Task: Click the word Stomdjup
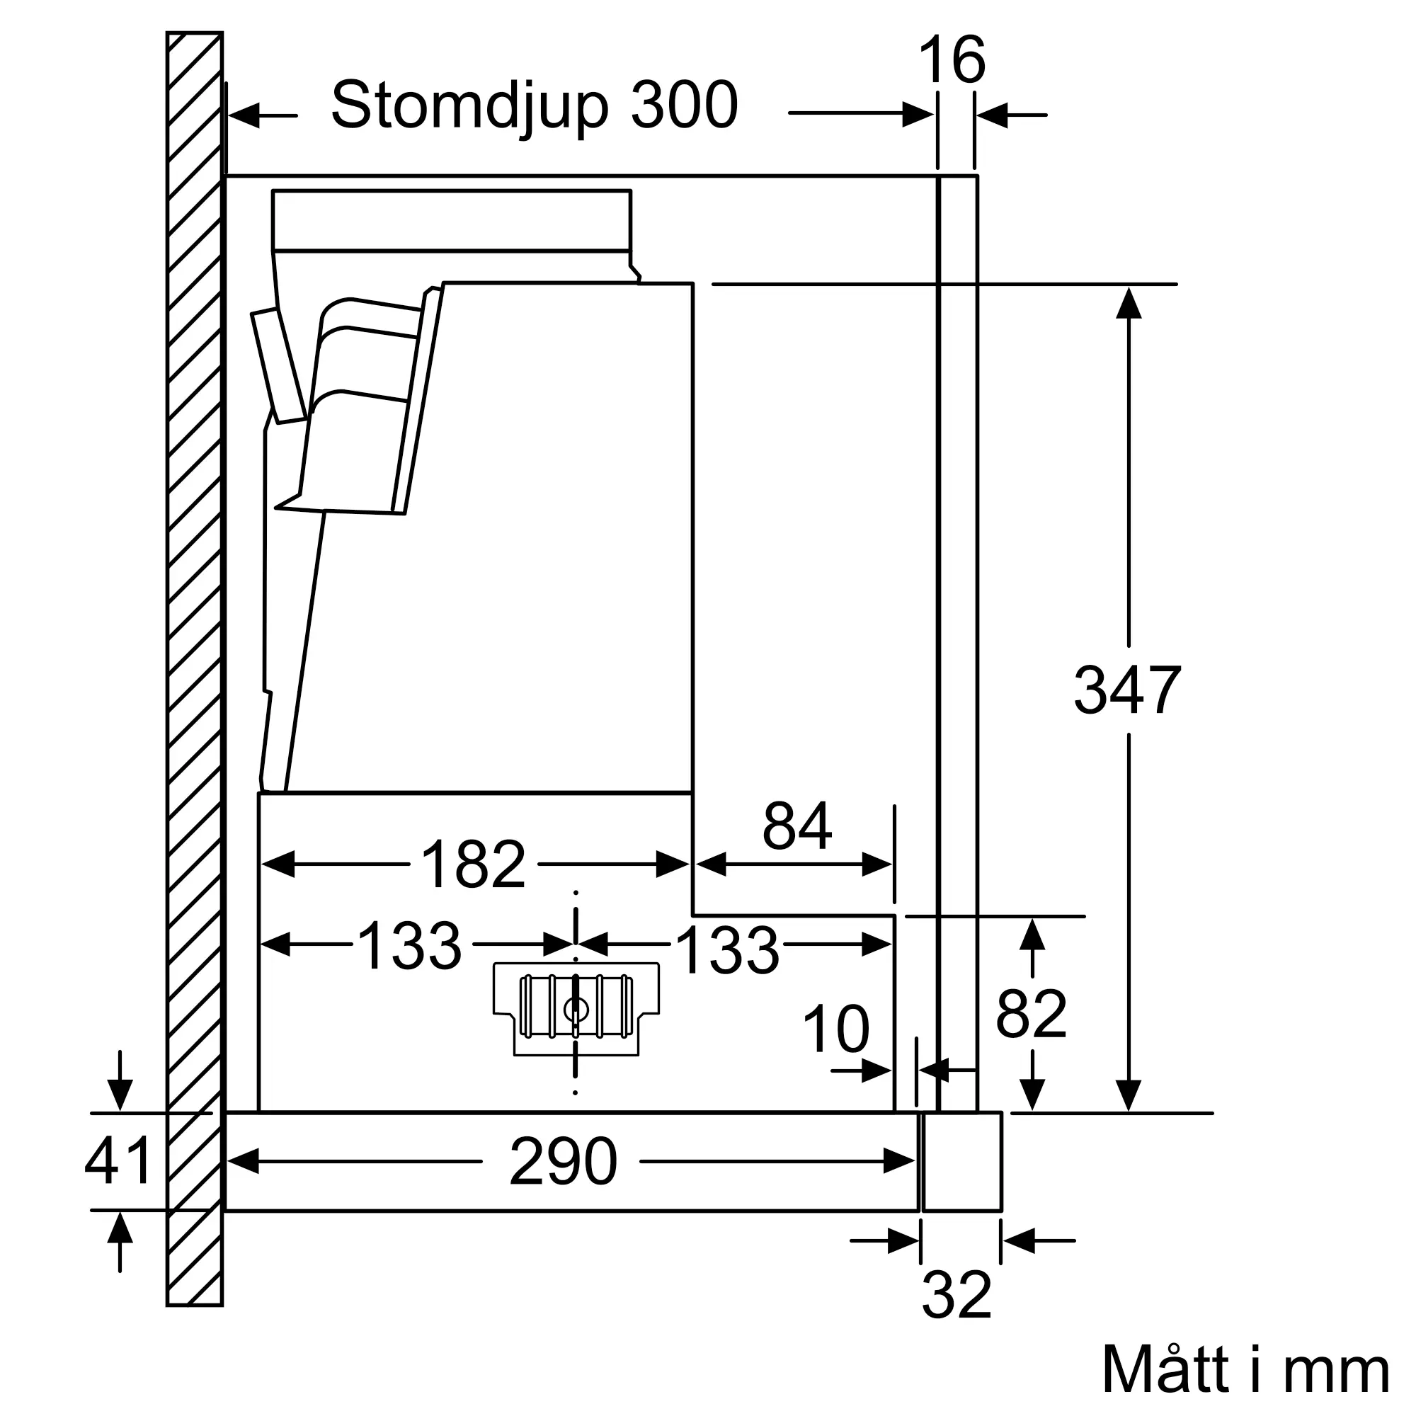(x=469, y=107)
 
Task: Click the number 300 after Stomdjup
(x=683, y=105)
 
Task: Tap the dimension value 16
(x=952, y=60)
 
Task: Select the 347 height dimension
(x=1126, y=690)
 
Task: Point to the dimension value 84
(x=796, y=826)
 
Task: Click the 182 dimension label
(x=474, y=865)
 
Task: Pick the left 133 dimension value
(x=409, y=946)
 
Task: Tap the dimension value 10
(x=835, y=1029)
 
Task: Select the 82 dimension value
(x=1030, y=1014)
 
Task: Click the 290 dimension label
(x=563, y=1162)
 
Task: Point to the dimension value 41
(x=118, y=1160)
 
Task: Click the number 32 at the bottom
(x=957, y=1295)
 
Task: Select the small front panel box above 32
(x=961, y=1162)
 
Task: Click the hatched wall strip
(x=194, y=660)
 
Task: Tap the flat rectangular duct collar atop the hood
(x=451, y=220)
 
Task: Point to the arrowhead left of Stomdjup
(x=244, y=115)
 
